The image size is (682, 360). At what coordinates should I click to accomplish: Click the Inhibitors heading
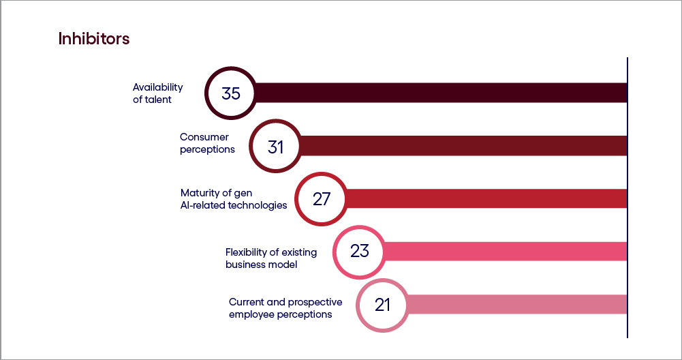point(94,39)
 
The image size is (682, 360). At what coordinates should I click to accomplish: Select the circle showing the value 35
point(231,93)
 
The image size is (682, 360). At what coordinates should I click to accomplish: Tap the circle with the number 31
point(275,146)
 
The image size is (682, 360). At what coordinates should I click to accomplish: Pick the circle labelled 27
point(322,198)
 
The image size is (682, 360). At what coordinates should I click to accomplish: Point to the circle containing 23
point(359,251)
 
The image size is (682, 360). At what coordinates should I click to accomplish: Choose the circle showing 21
point(382,304)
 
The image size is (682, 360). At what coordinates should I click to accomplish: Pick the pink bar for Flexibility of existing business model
point(504,251)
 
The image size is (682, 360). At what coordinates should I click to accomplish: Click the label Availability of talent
point(158,93)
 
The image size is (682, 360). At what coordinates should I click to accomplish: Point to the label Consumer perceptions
point(207,143)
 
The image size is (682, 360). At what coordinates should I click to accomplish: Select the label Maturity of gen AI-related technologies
point(234,198)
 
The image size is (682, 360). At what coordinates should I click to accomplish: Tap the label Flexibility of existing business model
point(271,258)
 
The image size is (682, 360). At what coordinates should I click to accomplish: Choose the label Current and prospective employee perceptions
point(285,308)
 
